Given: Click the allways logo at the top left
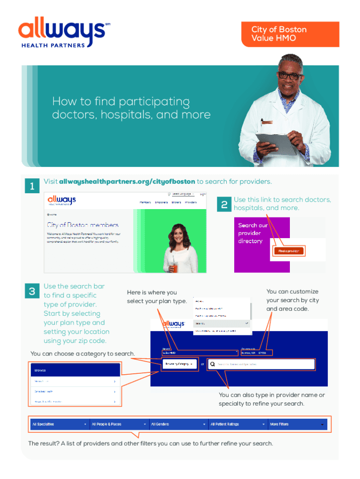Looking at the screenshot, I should [x=61, y=33].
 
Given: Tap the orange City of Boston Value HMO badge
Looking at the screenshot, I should [x=290, y=34].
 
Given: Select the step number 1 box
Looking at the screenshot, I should [x=31, y=186].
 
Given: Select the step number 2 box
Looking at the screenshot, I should [x=224, y=204].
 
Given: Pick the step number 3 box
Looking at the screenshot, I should [x=32, y=291].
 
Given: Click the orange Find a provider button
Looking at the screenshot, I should [x=288, y=251].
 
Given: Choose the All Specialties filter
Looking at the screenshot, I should [x=59, y=424].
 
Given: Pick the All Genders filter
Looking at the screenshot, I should [x=178, y=424].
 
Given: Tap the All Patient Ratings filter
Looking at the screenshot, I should [x=238, y=424].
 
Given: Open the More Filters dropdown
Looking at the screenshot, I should [x=297, y=424].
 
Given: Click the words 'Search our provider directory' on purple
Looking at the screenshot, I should [x=253, y=233].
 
